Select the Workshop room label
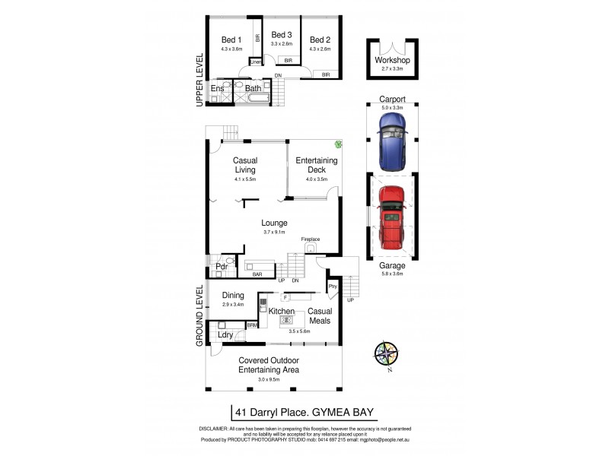393,60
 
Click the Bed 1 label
231,40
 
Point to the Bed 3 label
282,35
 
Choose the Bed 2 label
320,40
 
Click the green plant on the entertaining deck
334,144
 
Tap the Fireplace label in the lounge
311,239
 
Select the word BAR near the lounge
257,274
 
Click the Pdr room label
222,267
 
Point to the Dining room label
233,296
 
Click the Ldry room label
225,334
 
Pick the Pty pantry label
332,287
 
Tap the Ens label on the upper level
218,89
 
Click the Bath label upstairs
253,89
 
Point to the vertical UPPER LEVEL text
199,79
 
